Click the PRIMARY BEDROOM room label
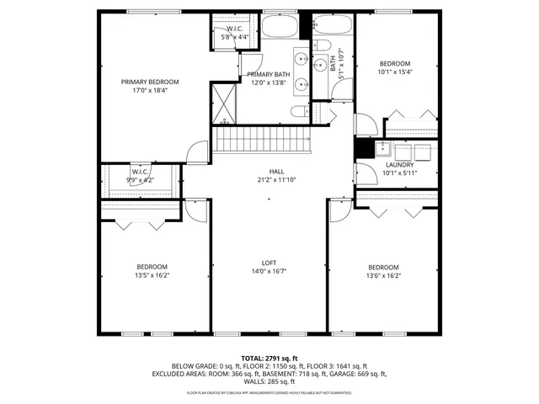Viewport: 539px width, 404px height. (150, 82)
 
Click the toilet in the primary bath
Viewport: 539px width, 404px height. (298, 113)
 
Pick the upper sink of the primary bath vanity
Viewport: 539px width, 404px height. (302, 59)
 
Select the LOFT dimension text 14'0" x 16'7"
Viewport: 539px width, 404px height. (269, 272)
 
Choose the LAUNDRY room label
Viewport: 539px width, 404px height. (400, 165)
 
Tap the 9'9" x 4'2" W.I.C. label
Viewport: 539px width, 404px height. (140, 175)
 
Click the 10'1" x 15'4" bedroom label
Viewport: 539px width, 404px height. (394, 68)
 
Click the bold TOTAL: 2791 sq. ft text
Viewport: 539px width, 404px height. (269, 358)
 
